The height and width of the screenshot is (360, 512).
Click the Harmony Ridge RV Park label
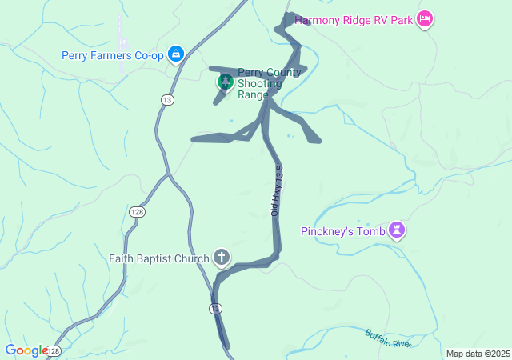tap(353, 19)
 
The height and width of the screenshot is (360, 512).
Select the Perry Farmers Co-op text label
tap(113, 55)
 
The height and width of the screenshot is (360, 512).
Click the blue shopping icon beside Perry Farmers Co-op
tap(176, 54)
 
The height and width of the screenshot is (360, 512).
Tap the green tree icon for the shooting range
tap(226, 82)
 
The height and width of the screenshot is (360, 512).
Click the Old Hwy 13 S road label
tap(277, 190)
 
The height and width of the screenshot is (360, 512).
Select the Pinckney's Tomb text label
tap(343, 231)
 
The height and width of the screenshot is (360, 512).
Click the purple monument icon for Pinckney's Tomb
tap(396, 231)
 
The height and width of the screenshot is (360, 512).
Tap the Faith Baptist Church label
tap(159, 258)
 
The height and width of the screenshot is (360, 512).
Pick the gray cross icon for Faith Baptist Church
tap(222, 258)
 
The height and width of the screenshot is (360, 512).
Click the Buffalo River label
tap(388, 338)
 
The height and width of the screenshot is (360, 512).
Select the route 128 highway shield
tap(137, 210)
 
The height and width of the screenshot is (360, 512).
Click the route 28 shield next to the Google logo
tap(54, 351)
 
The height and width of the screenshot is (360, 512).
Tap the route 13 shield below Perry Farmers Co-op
tap(166, 99)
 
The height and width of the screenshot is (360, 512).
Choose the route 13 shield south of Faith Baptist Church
tap(216, 308)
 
